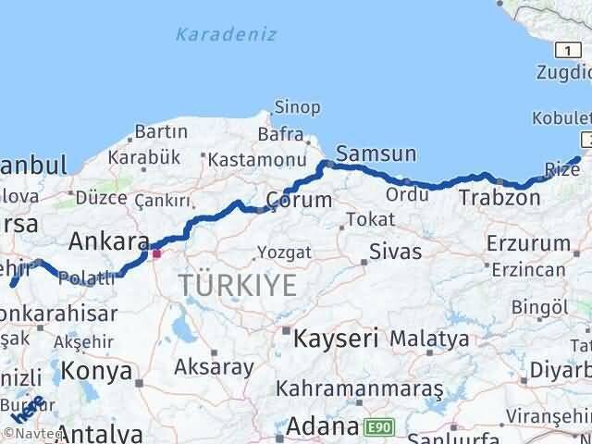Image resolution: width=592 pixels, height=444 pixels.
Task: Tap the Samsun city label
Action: pos(376,154)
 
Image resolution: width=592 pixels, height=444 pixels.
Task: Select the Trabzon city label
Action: pos(499,197)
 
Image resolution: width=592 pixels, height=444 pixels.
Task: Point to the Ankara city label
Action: pos(109,242)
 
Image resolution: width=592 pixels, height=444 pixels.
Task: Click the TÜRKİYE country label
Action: pos(239,286)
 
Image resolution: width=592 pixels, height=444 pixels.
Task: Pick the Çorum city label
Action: pos(299,200)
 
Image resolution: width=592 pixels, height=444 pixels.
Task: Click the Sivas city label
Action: pos(395,251)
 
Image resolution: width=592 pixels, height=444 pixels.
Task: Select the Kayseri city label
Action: pos(336,338)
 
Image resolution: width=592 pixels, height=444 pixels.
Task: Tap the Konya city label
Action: pos(97,372)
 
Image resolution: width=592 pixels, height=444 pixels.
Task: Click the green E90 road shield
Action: pos(376,427)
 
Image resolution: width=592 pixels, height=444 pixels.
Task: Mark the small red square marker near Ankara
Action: pos(157,253)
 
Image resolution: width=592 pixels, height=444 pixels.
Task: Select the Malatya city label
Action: pos(429,339)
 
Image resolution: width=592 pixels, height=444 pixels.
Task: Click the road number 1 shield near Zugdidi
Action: pos(562,49)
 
